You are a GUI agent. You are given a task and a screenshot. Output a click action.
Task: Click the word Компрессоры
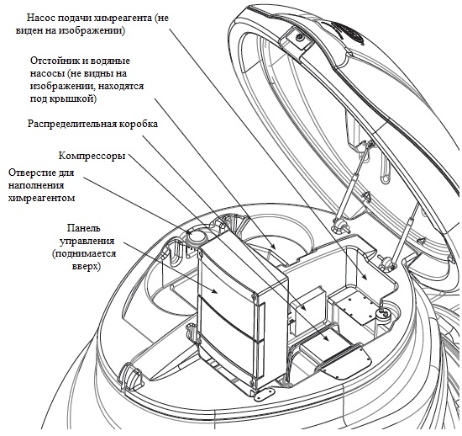92,156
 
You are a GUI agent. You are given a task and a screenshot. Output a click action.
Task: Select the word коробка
138,124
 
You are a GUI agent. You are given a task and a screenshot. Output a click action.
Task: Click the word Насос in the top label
40,18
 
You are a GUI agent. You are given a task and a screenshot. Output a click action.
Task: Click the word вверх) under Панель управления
86,267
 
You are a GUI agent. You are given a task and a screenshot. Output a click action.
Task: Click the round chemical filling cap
197,236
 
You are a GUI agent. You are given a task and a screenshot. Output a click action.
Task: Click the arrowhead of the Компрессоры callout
304,308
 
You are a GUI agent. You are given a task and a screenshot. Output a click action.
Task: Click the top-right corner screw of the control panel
254,295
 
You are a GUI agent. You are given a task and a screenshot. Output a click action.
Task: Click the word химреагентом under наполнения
41,198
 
